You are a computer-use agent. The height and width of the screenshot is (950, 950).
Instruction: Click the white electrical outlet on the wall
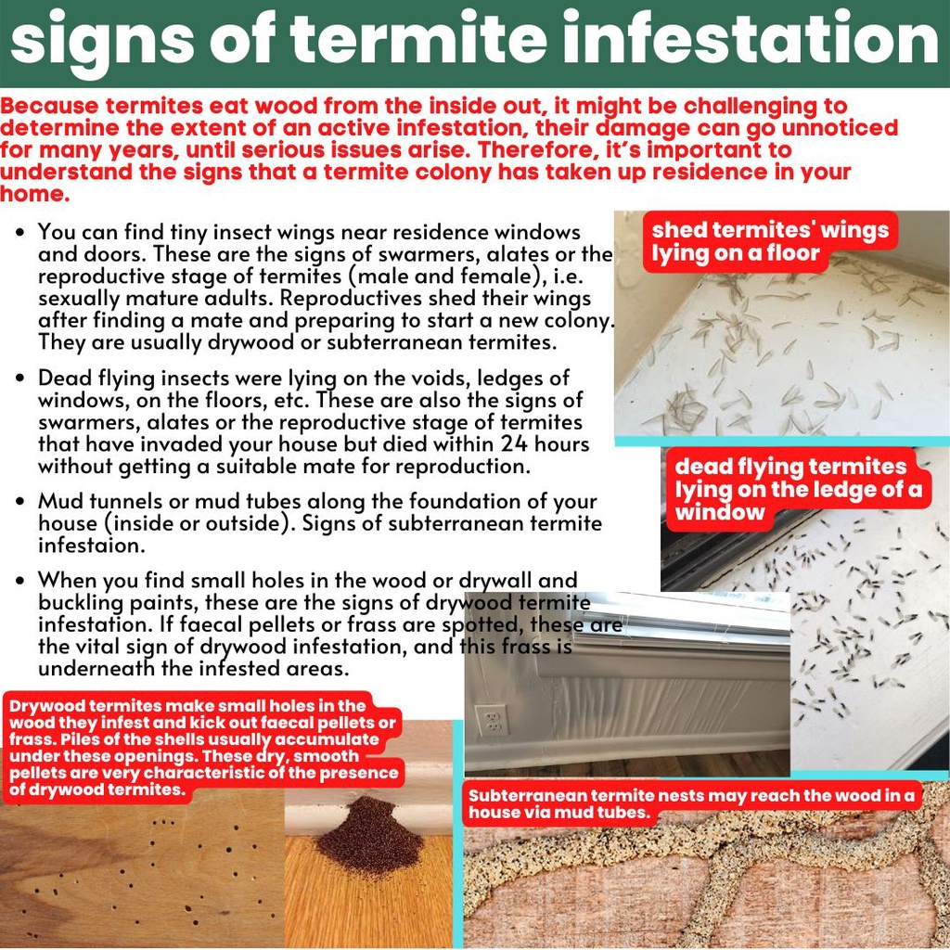coord(492,720)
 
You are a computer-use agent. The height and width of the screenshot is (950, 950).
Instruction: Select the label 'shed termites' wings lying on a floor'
coord(769,241)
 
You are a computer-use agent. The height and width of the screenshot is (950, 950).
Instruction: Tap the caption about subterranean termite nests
coord(691,803)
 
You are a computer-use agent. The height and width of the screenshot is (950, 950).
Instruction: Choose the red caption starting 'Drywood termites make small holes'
coord(203,747)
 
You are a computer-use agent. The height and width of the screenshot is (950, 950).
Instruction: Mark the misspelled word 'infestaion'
coord(91,546)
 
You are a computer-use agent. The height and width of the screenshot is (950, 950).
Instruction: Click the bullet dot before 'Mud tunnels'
coord(20,502)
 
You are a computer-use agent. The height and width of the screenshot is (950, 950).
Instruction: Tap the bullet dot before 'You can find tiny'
coord(20,233)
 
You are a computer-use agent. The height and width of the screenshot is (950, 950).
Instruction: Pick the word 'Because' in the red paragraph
coord(49,106)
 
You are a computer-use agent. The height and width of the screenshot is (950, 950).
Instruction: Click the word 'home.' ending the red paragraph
coord(34,194)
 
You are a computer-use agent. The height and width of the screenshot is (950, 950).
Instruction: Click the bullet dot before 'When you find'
coord(20,581)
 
